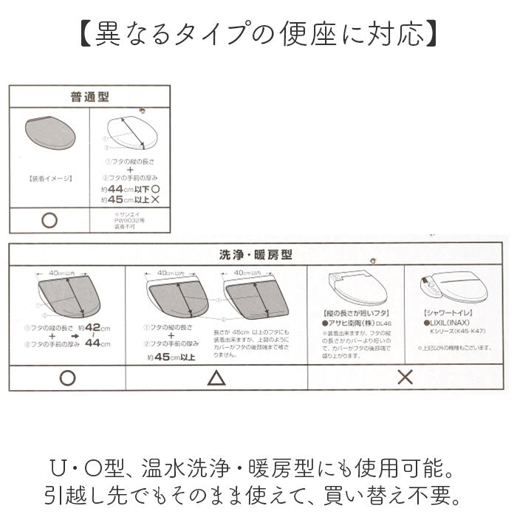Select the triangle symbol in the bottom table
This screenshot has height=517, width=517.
click(216, 377)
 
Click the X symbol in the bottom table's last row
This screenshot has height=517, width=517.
click(405, 377)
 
